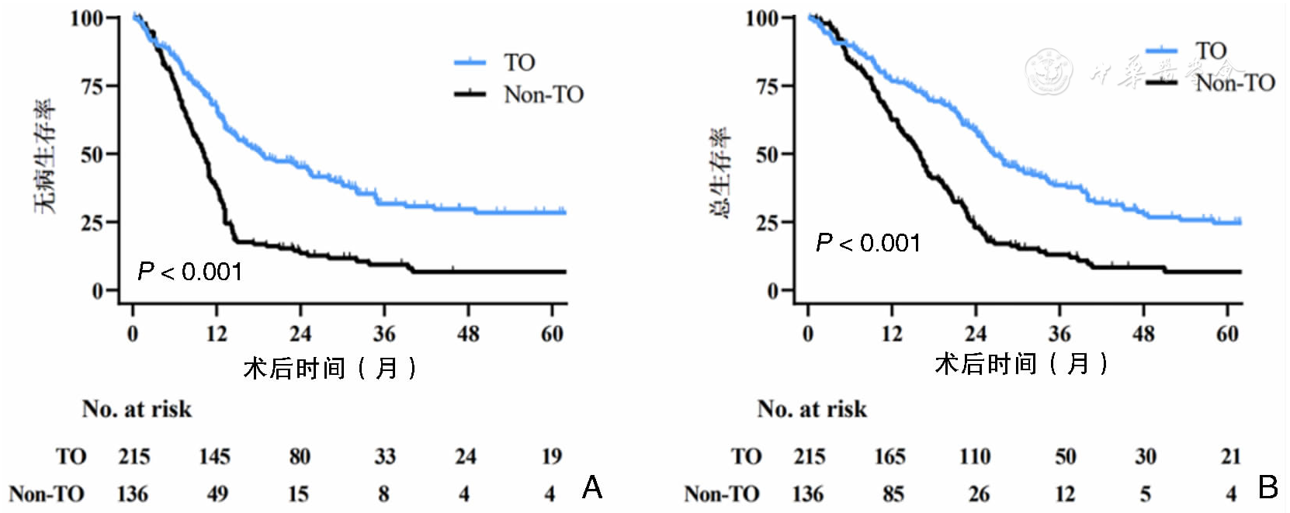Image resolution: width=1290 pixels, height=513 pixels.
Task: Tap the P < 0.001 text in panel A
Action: pos(189,272)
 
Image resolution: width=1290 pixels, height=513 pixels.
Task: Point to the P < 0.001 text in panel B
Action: pos(868,244)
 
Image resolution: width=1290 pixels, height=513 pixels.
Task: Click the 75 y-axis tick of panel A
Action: pos(92,86)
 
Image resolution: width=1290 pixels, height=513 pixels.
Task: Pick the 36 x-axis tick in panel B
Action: pos(1059,334)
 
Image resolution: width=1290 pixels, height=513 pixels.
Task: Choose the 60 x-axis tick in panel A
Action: pos(552,334)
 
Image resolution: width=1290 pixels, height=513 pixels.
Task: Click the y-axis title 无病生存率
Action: pos(44,155)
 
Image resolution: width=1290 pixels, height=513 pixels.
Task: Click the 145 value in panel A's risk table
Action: pos(214,456)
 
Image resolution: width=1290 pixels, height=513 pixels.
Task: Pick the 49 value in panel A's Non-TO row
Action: pos(217,494)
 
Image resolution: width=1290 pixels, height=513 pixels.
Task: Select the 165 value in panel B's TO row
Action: pos(889,456)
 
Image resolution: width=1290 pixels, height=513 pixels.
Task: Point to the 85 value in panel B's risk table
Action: pos(893,494)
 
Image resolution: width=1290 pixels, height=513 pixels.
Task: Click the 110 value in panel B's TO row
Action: pos(975,456)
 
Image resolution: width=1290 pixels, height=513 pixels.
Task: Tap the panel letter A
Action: pos(591,487)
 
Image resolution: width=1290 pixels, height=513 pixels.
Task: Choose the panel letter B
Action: pos(1267,487)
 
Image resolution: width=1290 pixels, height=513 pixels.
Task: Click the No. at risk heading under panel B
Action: pos(812,409)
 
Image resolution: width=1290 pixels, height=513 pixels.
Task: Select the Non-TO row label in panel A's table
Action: pos(47,494)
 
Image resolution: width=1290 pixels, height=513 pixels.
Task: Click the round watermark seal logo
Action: pos(1049,71)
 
